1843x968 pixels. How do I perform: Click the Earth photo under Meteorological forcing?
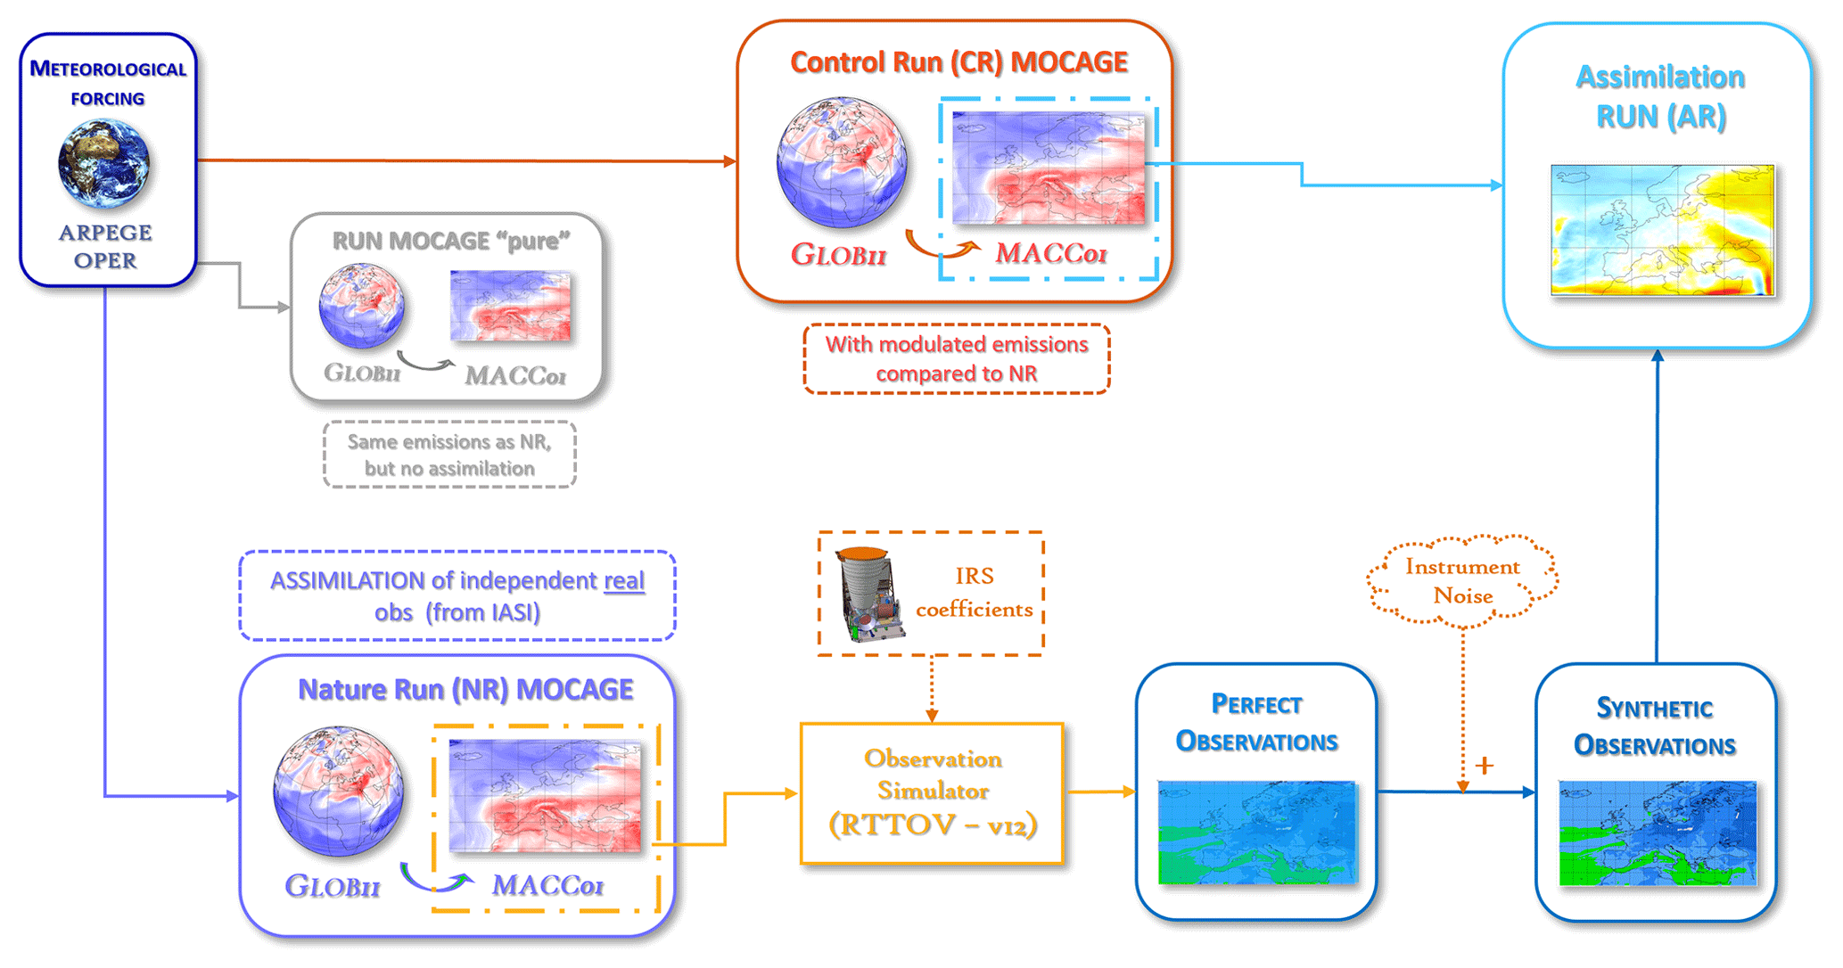[103, 165]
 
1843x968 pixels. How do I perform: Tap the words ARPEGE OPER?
[105, 247]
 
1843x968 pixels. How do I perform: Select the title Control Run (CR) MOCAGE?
[959, 62]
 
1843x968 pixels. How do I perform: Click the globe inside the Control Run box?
[842, 162]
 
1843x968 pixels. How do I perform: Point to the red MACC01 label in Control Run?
[1050, 254]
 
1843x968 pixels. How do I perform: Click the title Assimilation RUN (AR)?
[1660, 96]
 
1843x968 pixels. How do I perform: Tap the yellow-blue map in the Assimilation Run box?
[1662, 230]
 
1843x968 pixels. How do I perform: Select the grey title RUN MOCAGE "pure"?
[450, 242]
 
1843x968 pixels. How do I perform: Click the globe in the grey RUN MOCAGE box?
[362, 306]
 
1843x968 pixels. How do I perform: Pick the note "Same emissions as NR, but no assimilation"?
[449, 455]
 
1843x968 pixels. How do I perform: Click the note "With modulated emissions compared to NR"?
[957, 358]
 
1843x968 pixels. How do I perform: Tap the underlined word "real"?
[624, 581]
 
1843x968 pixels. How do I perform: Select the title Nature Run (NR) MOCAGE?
[465, 689]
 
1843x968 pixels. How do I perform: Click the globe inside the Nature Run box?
[338, 791]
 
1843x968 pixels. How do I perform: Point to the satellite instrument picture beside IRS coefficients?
[868, 595]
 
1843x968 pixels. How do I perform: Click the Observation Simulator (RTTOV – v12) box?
[932, 792]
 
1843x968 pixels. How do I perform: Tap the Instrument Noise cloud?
[1462, 580]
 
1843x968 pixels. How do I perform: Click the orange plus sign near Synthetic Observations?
[1484, 766]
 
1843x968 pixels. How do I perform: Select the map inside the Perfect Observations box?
[1257, 833]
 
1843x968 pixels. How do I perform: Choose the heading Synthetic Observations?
[1655, 726]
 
